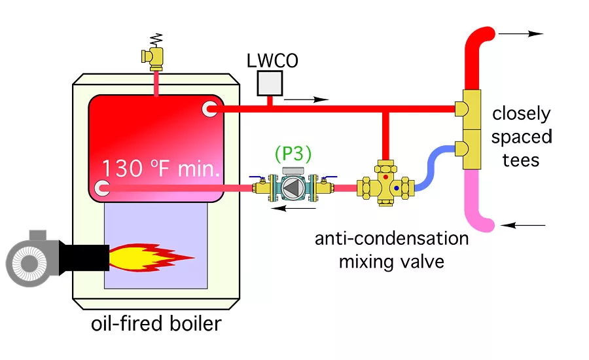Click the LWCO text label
tap(272, 60)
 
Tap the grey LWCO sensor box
tap(270, 82)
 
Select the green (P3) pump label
tap(293, 154)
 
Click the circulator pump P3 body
tap(293, 189)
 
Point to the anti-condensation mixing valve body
tap(385, 186)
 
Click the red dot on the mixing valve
tap(385, 177)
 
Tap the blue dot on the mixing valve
tap(396, 189)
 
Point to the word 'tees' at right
tap(521, 160)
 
